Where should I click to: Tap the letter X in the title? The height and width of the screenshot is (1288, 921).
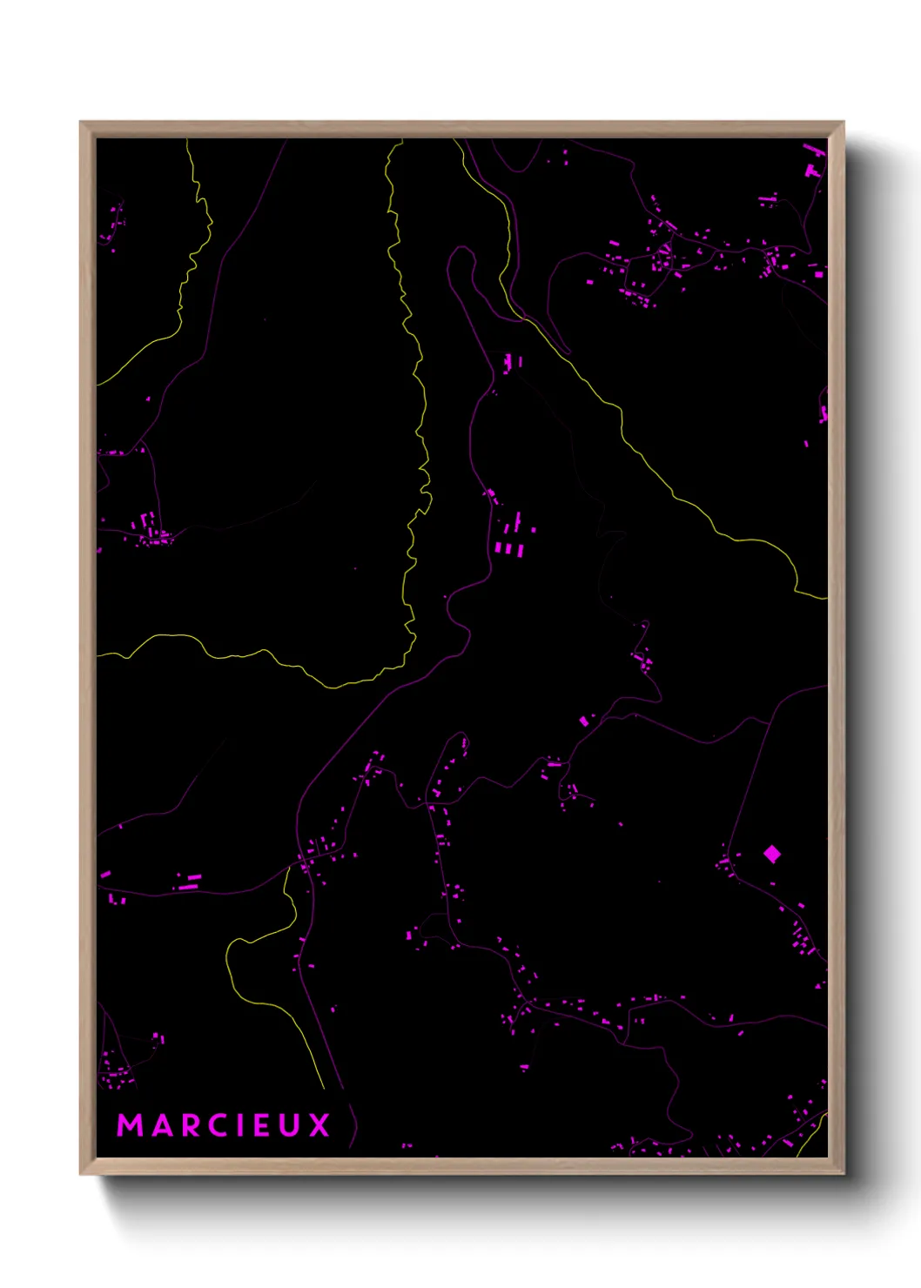tap(319, 1125)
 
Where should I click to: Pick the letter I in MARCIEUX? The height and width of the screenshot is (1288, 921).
tap(239, 1125)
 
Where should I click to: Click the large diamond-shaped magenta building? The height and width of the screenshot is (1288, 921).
tap(771, 854)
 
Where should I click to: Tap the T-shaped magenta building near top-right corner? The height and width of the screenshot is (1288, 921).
tap(812, 171)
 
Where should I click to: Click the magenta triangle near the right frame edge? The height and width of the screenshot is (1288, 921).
tap(817, 987)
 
